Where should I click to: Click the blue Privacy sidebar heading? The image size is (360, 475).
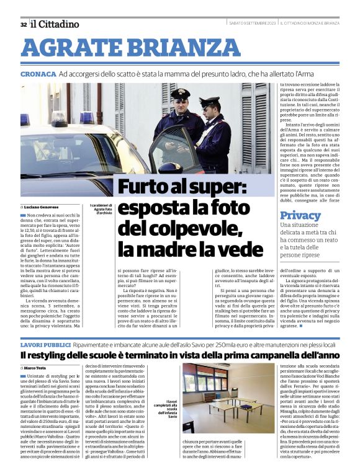300,215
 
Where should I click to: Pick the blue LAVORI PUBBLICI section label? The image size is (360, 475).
45,344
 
